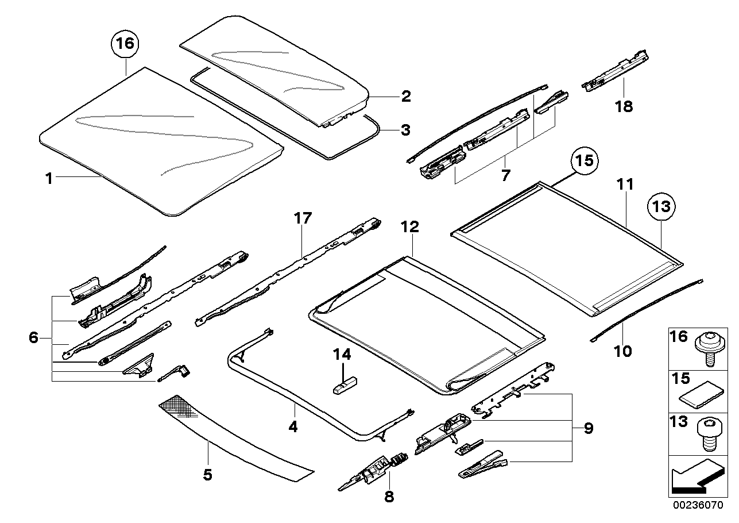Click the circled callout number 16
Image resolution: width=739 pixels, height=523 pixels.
point(125,44)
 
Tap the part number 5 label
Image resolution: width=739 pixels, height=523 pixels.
point(207,475)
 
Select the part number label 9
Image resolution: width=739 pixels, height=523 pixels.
point(587,428)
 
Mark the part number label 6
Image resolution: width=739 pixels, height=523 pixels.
point(33,337)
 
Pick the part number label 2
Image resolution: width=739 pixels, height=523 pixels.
point(405,96)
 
